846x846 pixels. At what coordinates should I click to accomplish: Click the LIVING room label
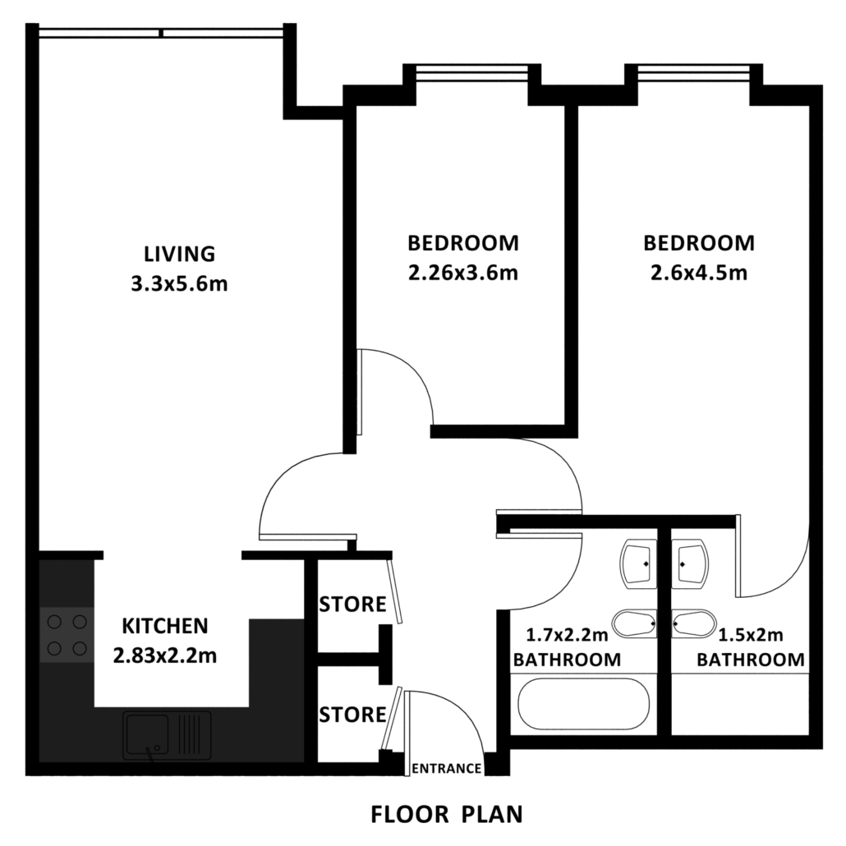(179, 254)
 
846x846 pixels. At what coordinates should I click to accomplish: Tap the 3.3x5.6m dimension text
(179, 283)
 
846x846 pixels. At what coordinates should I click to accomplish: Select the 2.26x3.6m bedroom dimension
(463, 273)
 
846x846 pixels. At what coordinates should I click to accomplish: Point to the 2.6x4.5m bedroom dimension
(699, 273)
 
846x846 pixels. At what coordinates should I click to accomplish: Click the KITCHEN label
(165, 626)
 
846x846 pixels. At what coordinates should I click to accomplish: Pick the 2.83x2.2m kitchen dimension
(165, 655)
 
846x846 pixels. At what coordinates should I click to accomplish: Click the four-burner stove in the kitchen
(67, 634)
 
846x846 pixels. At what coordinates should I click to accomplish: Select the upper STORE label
(353, 605)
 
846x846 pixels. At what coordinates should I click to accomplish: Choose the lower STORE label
(353, 715)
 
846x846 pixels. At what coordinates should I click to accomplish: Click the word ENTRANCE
(446, 768)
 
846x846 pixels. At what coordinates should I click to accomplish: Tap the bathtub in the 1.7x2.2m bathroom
(583, 704)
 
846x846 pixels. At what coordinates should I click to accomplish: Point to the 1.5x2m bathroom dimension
(751, 635)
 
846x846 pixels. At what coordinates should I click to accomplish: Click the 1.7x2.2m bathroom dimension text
(567, 635)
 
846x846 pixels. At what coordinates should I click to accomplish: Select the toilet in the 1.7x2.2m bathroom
(634, 623)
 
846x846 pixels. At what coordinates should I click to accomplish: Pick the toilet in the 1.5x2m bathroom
(694, 623)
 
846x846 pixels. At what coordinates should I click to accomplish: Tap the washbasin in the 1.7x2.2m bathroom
(639, 564)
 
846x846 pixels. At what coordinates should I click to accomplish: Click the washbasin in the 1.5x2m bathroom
(691, 564)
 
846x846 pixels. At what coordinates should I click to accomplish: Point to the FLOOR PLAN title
(447, 814)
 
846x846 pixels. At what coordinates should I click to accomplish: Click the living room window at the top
(161, 33)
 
